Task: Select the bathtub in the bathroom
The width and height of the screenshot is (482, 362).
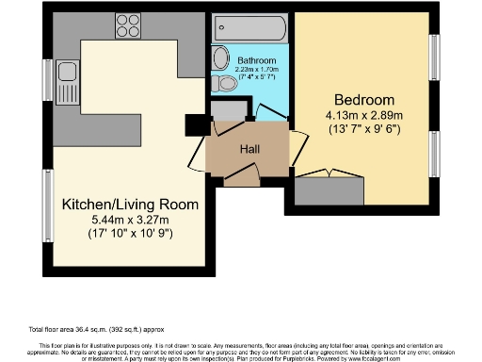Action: tap(246, 26)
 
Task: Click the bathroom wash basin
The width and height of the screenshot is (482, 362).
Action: tap(218, 55)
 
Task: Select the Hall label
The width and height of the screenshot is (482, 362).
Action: tap(249, 149)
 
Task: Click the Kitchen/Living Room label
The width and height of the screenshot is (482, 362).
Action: tap(130, 204)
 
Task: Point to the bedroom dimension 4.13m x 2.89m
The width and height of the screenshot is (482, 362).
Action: tap(362, 117)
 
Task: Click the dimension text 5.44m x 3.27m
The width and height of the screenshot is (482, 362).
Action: tap(130, 219)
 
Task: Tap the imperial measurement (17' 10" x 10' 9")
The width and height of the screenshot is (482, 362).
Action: tap(130, 233)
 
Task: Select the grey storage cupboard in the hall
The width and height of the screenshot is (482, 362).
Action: tap(227, 111)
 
